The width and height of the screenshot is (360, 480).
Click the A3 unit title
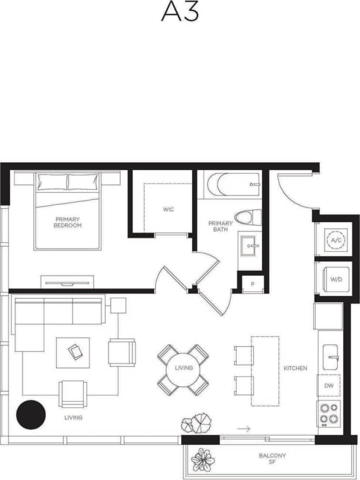click(179, 12)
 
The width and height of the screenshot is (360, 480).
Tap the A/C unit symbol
click(335, 239)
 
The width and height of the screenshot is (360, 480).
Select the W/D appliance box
click(335, 280)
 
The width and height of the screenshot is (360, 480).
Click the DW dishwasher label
click(328, 385)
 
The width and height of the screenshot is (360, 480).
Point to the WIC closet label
click(168, 209)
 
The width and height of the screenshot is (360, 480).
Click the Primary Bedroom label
click(68, 222)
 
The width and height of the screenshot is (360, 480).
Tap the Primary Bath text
click(220, 226)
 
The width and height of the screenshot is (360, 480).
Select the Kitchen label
click(295, 368)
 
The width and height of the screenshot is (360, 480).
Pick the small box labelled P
click(252, 284)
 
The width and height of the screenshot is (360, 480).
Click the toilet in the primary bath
click(249, 217)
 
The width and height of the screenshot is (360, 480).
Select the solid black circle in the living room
click(31, 414)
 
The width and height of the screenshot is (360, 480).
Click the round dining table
click(183, 368)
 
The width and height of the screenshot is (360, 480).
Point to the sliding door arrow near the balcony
click(244, 429)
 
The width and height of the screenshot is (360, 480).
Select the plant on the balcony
click(202, 459)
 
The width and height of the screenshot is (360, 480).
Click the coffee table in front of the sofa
click(73, 352)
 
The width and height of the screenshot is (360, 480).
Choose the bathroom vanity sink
click(250, 246)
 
